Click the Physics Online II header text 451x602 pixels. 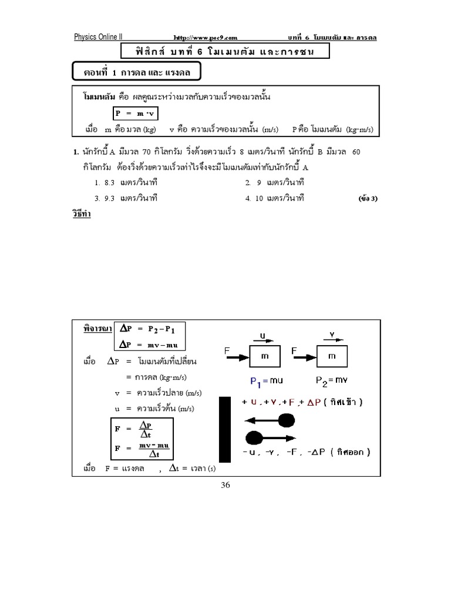(97, 37)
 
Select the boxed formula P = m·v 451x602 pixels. (136, 113)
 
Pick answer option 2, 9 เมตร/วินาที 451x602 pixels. (274, 183)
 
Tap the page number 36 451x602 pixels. (226, 485)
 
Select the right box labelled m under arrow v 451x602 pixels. (332, 357)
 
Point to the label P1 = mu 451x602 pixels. (267, 382)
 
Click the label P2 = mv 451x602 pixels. (332, 382)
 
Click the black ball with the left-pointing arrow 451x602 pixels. (286, 420)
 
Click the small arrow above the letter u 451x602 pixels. (261, 339)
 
